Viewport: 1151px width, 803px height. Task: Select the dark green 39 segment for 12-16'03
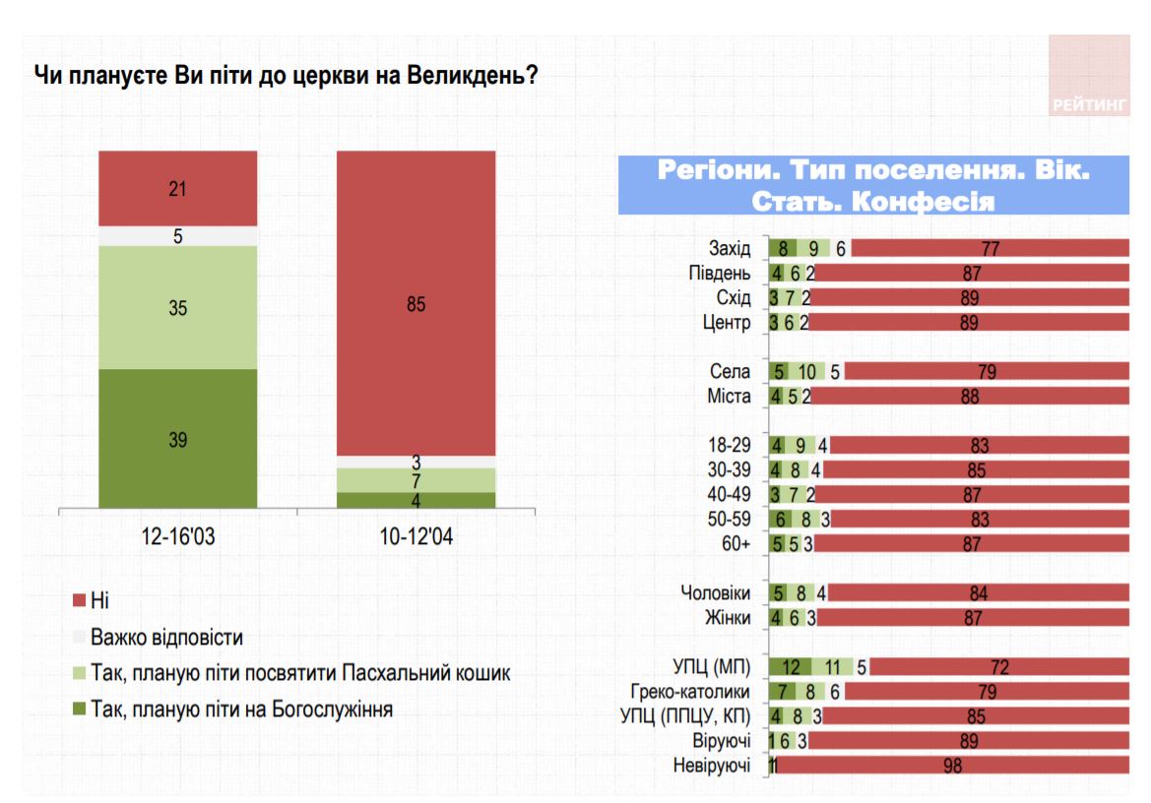coord(177,439)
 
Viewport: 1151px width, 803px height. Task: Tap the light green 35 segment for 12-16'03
coord(177,307)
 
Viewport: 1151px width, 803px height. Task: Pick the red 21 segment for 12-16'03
coord(177,189)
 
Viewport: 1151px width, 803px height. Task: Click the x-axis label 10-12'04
coord(416,538)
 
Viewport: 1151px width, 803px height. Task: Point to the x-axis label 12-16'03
coord(177,538)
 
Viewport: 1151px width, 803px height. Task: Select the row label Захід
coord(730,249)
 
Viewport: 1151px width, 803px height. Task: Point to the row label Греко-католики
coord(701,692)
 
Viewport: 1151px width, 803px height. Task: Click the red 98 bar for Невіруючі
coord(953,766)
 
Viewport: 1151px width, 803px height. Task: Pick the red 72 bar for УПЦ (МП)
coord(999,667)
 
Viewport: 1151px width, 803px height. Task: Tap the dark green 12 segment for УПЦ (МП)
coord(791,667)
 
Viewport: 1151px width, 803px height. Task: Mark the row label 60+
coord(735,544)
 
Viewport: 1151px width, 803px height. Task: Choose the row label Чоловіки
coord(716,593)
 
